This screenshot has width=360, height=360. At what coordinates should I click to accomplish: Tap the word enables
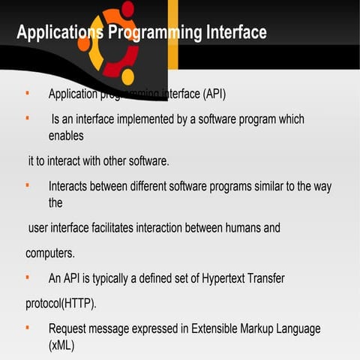66,136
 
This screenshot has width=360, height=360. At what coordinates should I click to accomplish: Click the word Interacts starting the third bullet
71,186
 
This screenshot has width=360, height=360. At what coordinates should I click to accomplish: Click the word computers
50,253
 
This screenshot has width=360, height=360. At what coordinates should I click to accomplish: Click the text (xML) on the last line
62,346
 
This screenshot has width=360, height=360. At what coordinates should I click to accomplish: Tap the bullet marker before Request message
27,327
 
